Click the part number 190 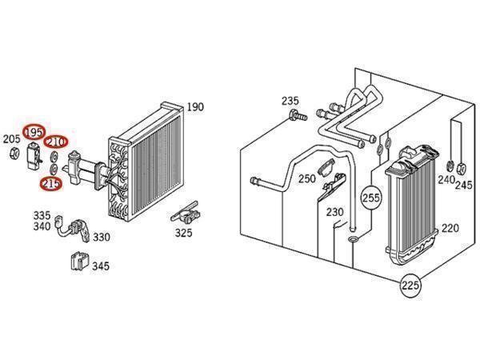pos(197,107)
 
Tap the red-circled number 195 pos(34,132)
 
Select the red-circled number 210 pos(56,142)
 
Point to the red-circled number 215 pos(51,184)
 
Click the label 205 pos(11,140)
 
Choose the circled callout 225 pos(410,286)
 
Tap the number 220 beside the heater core pos(450,228)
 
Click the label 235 pos(290,101)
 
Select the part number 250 pos(306,179)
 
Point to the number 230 pos(334,212)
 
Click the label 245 pos(464,185)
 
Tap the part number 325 pos(184,233)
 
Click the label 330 pos(102,237)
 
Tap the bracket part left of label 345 pos(78,261)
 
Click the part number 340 pos(42,226)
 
